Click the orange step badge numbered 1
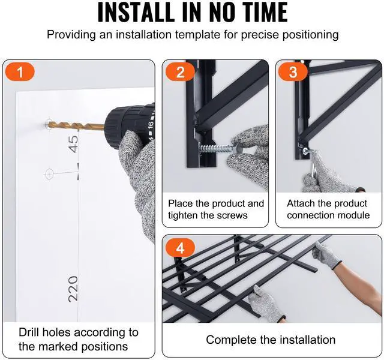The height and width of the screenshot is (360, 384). tap(20, 72)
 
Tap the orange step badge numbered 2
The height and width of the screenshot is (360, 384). tap(180, 72)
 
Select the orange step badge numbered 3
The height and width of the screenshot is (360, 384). tap(293, 72)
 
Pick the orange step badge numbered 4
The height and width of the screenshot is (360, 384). tap(180, 248)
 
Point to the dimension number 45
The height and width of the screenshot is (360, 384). tap(73, 144)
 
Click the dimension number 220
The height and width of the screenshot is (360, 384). tap(73, 289)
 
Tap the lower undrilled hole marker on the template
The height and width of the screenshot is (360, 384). tap(49, 174)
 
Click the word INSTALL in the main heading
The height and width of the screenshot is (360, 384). tap(136, 11)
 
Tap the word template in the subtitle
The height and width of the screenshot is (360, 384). tap(197, 35)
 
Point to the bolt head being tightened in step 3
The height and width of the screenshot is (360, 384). tap(305, 151)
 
